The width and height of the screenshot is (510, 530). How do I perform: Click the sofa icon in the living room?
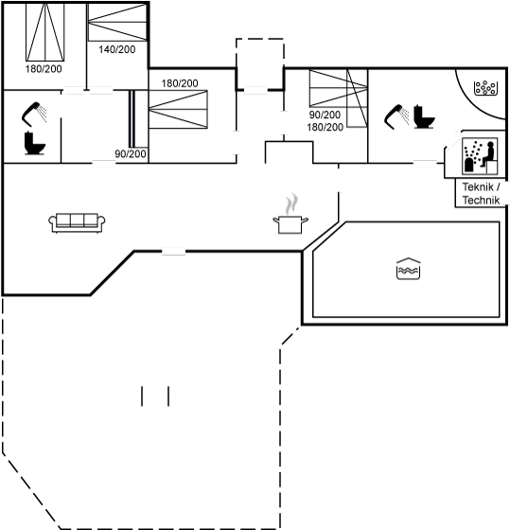(x=77, y=222)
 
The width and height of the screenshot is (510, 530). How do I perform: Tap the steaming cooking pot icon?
(x=290, y=215)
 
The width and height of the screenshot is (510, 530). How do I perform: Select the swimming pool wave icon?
(x=408, y=269)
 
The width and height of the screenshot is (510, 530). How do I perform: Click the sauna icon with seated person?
(x=480, y=156)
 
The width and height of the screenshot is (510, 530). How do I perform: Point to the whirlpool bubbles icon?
(x=485, y=88)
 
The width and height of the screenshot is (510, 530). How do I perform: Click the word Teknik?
(x=478, y=187)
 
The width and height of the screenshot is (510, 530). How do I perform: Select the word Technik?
(x=481, y=200)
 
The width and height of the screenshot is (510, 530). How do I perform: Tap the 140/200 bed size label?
(x=117, y=49)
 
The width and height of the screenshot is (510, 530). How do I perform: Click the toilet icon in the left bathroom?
(x=34, y=143)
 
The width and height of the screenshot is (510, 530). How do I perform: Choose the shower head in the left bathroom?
(x=34, y=114)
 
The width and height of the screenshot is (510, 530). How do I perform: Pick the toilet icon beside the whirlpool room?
(x=424, y=116)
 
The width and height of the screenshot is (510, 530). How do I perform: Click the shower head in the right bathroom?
(x=396, y=116)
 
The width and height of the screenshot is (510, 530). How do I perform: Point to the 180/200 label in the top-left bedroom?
(x=44, y=69)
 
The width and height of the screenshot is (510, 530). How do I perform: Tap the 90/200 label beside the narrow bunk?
(x=131, y=153)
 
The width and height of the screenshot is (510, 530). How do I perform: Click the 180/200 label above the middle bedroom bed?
(x=180, y=83)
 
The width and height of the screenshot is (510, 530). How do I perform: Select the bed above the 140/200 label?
(x=117, y=23)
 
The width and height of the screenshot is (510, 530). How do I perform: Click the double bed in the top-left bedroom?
(x=45, y=32)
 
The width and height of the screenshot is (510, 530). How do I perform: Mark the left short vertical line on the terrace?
(x=142, y=397)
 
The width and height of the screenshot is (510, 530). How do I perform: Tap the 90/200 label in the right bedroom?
(x=325, y=115)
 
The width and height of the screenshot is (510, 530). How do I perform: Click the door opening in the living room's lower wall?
(x=174, y=252)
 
